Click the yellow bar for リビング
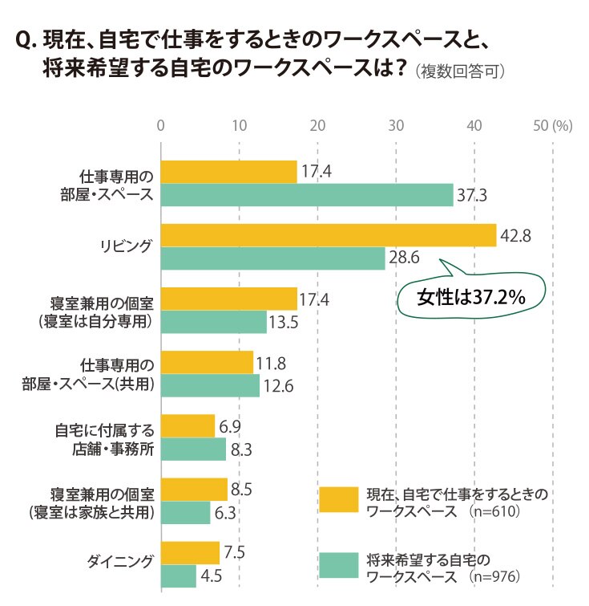coord(329,235)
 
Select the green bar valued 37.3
coord(307,195)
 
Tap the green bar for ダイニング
coord(179,576)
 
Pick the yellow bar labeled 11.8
coord(207,363)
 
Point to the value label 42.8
coord(515,235)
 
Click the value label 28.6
coord(404,258)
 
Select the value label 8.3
coord(241,449)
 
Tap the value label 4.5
coord(211,576)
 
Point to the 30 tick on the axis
coord(396,125)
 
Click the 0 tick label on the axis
coord(160,125)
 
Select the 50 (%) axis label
coord(553,125)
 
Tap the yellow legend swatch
coord(339,500)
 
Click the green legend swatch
coord(339,565)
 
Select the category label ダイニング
coord(119,561)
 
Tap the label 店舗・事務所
coord(113,449)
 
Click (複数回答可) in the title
coord(460,72)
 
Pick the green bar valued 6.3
coord(186,512)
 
